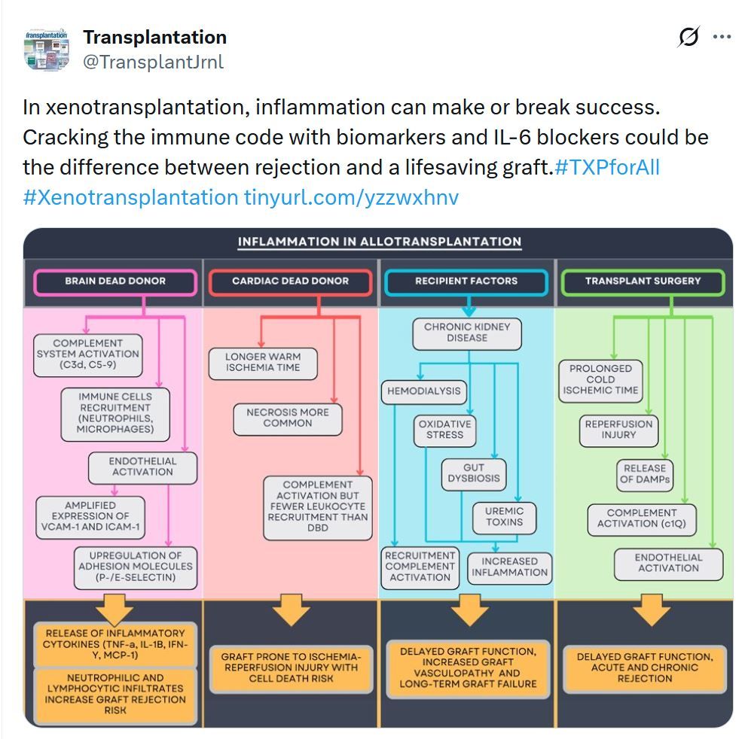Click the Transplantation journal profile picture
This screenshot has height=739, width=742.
[47, 50]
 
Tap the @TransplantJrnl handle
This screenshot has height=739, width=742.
[153, 62]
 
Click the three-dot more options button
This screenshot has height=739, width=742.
[722, 37]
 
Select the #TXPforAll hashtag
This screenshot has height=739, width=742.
[606, 167]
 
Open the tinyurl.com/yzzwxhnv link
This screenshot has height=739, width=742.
[351, 197]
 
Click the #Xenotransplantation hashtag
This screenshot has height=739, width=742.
[130, 197]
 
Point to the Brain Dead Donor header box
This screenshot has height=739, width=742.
[115, 281]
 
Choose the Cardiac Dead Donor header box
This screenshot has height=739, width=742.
[290, 281]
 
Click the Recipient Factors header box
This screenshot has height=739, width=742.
[466, 281]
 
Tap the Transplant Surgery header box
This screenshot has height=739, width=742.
[643, 281]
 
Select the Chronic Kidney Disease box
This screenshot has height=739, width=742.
[467, 333]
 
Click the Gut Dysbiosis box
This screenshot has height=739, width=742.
[474, 473]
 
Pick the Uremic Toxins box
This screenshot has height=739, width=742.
[505, 516]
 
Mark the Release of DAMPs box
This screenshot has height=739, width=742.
[645, 473]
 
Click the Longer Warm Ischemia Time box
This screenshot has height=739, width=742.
[263, 362]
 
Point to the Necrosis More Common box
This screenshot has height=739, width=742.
[288, 418]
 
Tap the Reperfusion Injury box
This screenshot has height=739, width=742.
[618, 430]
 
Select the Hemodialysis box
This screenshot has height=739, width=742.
[424, 391]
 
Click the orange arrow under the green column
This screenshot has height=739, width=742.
[646, 610]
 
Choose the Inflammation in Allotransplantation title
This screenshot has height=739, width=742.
[379, 242]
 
